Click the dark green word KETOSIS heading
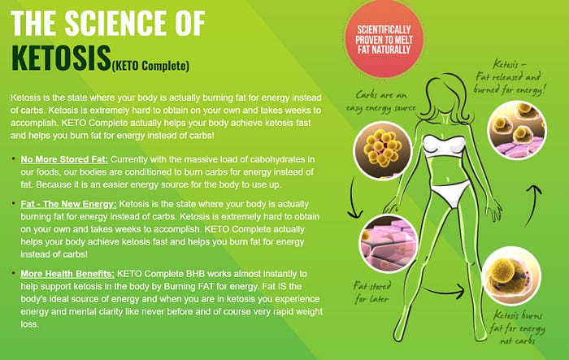61,58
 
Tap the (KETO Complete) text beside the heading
150,66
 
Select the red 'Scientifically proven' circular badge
384,39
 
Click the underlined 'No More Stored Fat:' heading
64,159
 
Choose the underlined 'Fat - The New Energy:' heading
68,204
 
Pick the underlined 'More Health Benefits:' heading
67,274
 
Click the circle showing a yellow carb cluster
383,150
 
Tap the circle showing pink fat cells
389,243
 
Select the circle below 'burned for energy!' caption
517,130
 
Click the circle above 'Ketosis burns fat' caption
511,275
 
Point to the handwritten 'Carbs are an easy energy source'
381,102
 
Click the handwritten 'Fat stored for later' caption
372,293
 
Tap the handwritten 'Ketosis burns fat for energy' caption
517,327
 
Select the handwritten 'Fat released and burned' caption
510,77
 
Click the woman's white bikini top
444,146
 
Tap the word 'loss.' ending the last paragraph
30,324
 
